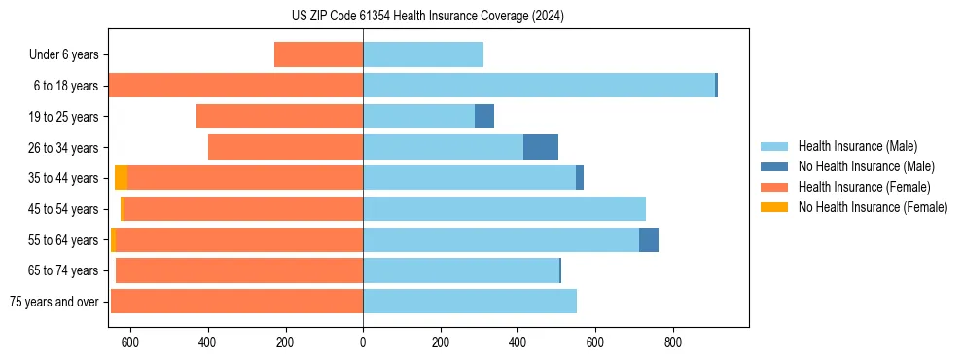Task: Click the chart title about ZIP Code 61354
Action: click(428, 16)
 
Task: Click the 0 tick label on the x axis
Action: click(363, 342)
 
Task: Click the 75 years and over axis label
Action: click(54, 302)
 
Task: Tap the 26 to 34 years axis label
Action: click(64, 147)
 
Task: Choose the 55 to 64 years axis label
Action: click(64, 239)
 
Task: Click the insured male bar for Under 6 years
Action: click(423, 54)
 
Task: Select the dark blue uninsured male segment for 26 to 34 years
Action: click(541, 147)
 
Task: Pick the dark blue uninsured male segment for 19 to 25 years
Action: click(484, 117)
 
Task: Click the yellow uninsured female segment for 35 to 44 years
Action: click(121, 178)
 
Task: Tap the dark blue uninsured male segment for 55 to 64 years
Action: click(649, 239)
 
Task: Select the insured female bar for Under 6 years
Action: click(318, 54)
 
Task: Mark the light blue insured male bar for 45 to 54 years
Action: click(504, 209)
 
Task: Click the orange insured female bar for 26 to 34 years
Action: click(285, 147)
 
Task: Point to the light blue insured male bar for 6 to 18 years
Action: click(539, 86)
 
